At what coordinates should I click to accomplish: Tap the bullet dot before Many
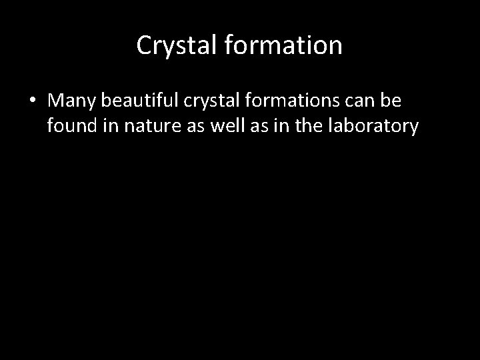pos(33,101)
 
